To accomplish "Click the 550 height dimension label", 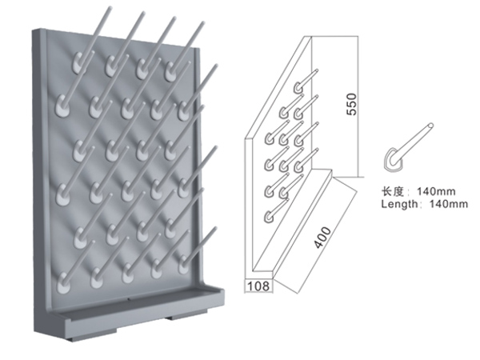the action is click(x=352, y=104).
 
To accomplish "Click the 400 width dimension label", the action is click(x=323, y=238).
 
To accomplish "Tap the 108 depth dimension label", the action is click(x=258, y=286).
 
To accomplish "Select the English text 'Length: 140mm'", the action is click(x=424, y=204).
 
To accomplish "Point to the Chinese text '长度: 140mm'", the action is click(x=418, y=192).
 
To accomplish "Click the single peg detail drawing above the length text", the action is click(x=407, y=147).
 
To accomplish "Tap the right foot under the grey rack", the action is click(x=186, y=316).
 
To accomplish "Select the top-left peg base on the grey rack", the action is click(x=79, y=63).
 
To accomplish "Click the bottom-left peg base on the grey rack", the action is click(x=62, y=283).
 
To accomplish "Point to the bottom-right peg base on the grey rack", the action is click(x=184, y=264).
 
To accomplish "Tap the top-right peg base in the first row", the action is click(x=171, y=71).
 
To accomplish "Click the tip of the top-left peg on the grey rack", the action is click(x=110, y=8).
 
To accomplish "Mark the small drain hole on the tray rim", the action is click(x=129, y=299).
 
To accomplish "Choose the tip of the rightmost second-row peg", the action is click(x=216, y=66).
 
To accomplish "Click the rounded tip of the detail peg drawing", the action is click(x=431, y=126).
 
